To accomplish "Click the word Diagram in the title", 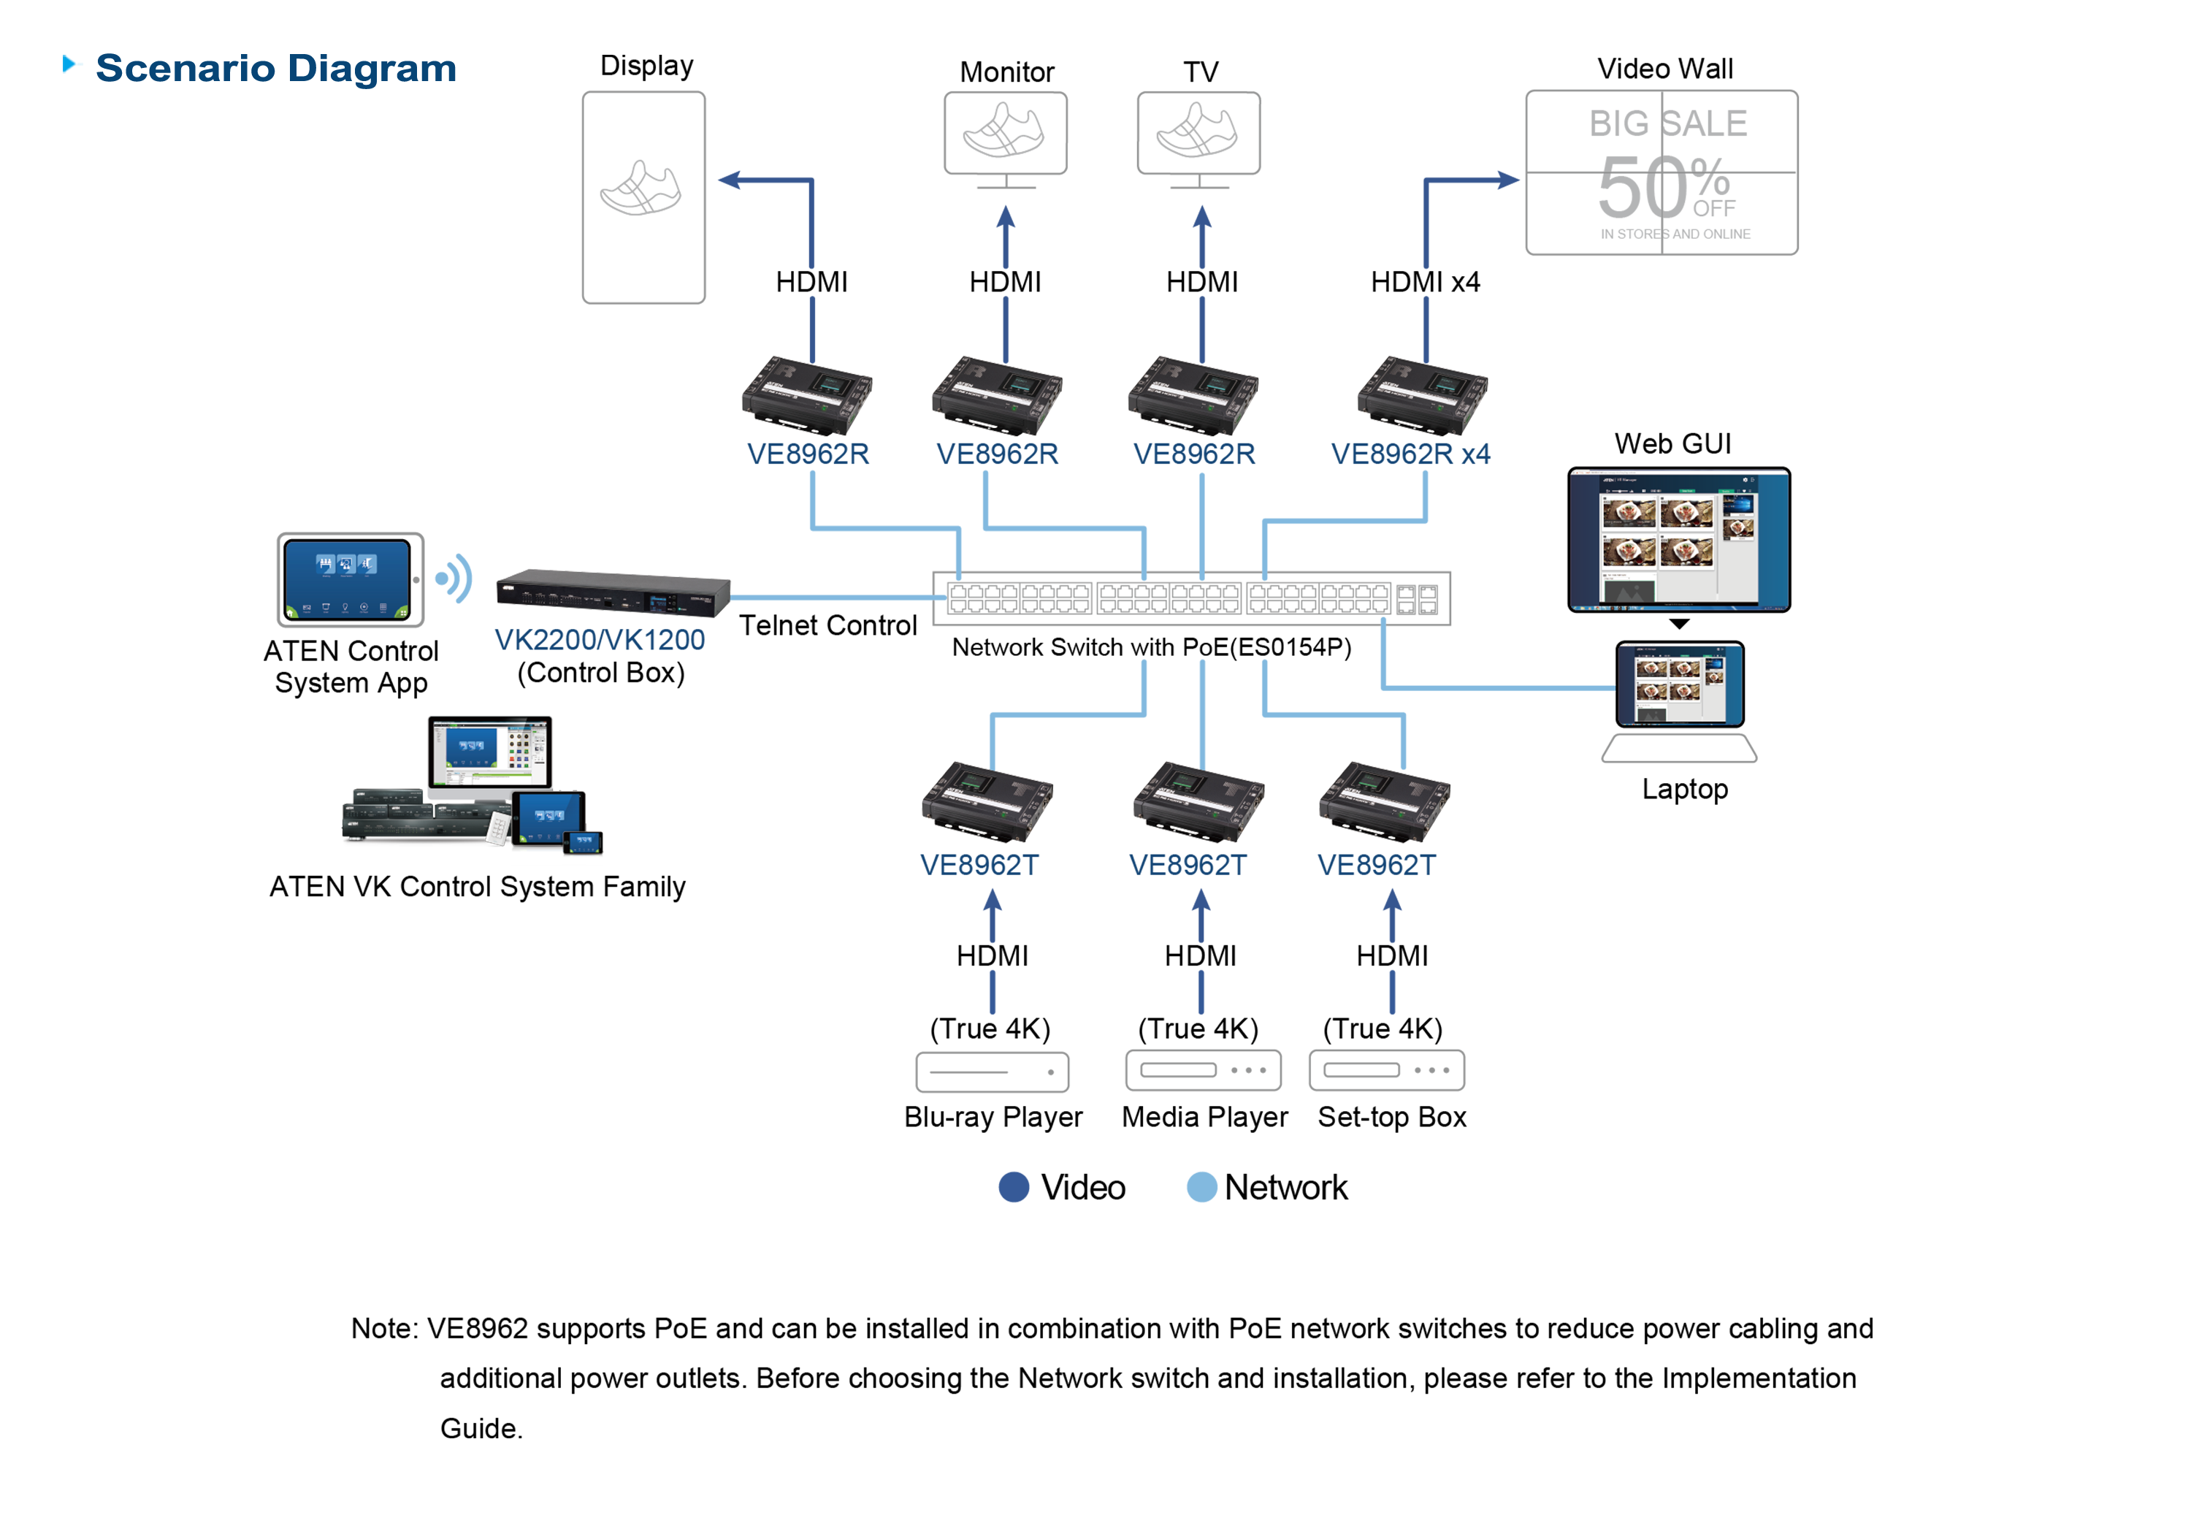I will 372,69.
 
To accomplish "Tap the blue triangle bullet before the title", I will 72,64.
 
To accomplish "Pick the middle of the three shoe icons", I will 1005,131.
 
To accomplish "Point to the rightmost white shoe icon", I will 1198,131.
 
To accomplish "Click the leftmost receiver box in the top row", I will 806,396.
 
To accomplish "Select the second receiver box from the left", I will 996,396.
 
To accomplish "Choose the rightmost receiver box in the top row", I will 1421,396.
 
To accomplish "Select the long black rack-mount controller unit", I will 611,594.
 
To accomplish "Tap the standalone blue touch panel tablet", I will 348,579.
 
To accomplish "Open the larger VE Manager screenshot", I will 1678,539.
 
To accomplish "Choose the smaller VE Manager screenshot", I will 1680,684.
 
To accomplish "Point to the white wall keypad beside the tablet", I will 498,828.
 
